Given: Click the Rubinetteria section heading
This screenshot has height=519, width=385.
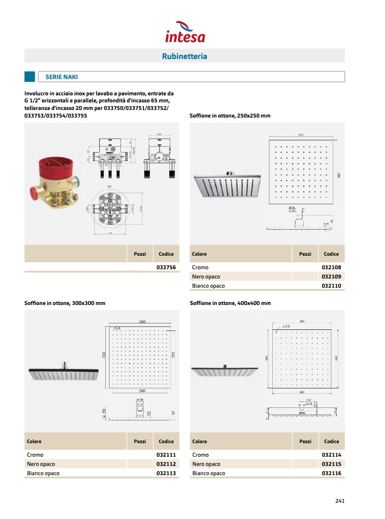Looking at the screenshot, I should (184, 56).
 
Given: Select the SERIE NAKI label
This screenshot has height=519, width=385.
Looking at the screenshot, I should (62, 77).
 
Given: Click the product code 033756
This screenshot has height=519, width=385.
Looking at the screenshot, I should (165, 268).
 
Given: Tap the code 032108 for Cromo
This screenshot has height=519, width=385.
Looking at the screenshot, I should (331, 268).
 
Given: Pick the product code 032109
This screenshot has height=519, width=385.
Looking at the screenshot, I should (331, 277).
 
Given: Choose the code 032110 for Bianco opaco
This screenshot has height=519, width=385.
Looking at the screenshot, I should (331, 286).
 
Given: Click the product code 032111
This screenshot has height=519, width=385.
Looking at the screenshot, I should (165, 455).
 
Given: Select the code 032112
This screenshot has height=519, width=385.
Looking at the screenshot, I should (165, 464).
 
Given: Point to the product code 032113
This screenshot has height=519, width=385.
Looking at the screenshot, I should (165, 473).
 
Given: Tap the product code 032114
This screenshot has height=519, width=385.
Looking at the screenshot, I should (331, 455).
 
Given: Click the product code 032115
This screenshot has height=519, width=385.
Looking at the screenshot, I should (331, 464).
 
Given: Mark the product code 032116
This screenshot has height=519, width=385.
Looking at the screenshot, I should (331, 473).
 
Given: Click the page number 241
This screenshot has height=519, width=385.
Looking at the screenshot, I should (340, 501).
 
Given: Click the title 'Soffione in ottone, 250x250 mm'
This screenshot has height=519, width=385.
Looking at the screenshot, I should (230, 116).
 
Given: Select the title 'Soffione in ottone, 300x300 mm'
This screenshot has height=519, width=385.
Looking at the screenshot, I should (65, 303).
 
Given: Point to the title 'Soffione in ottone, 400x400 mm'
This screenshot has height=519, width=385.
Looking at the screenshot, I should (230, 303).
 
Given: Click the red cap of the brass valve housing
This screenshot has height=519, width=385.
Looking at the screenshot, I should (54, 165).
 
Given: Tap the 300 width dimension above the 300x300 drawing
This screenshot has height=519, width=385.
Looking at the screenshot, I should (142, 322).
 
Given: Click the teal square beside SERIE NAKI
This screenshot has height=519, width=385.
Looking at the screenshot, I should (30, 77).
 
